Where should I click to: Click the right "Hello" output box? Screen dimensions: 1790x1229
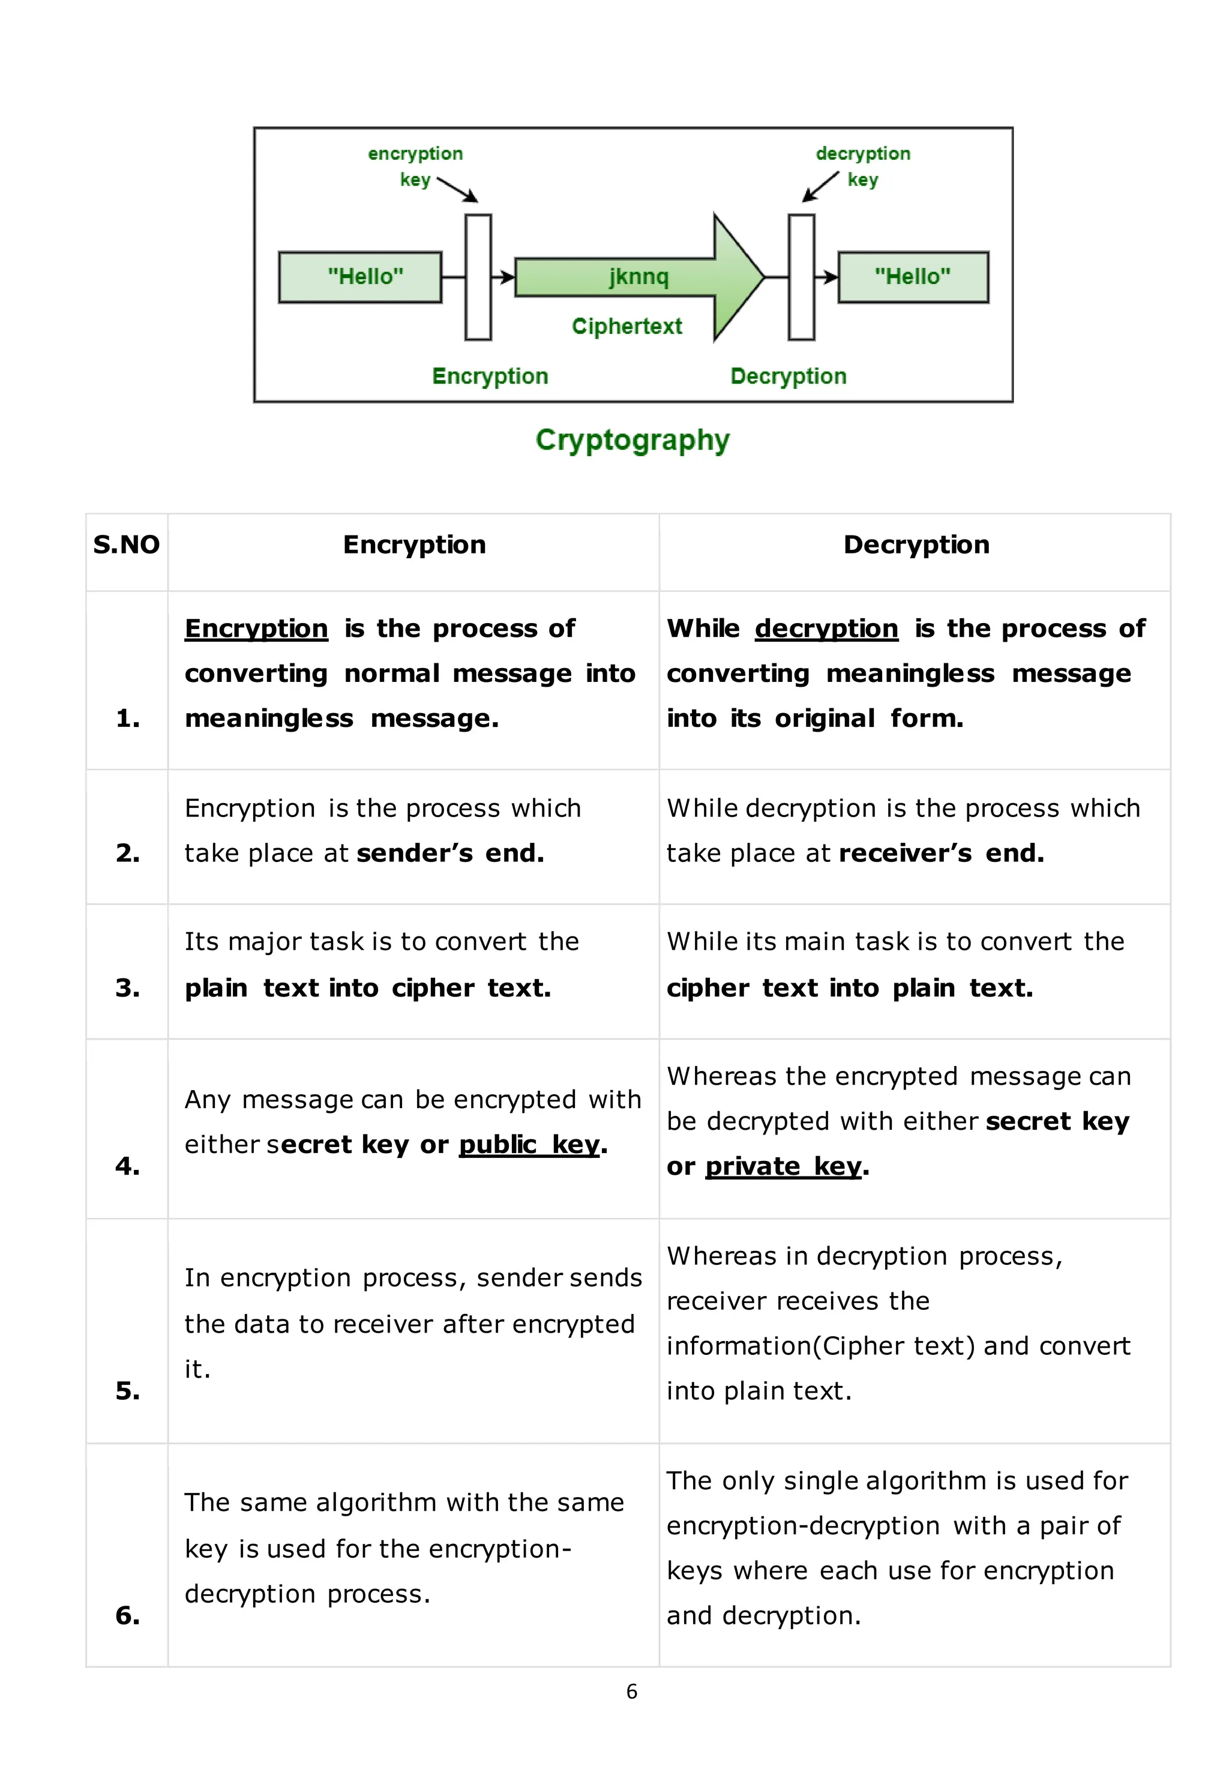pos(913,277)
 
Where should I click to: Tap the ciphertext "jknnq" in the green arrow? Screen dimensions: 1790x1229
pos(639,277)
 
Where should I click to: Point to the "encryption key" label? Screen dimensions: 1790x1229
pos(415,166)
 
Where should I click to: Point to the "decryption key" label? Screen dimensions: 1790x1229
pos(863,166)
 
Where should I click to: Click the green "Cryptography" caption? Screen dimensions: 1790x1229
pos(633,440)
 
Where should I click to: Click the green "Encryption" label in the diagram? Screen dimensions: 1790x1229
pos(490,376)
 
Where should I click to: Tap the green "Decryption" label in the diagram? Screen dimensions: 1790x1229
pos(788,376)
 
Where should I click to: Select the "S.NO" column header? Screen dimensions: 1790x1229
pos(126,544)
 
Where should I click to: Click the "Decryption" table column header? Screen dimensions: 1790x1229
pos(916,544)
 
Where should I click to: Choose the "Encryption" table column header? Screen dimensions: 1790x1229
pos(414,544)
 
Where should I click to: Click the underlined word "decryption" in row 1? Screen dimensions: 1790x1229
pos(826,628)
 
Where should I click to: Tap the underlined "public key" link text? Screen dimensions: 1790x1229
pos(529,1145)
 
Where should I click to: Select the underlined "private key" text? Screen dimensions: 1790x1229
pos(783,1166)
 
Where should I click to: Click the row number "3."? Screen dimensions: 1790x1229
pos(128,987)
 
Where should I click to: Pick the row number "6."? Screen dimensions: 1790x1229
pos(128,1615)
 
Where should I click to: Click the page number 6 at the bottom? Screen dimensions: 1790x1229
pos(631,1692)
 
